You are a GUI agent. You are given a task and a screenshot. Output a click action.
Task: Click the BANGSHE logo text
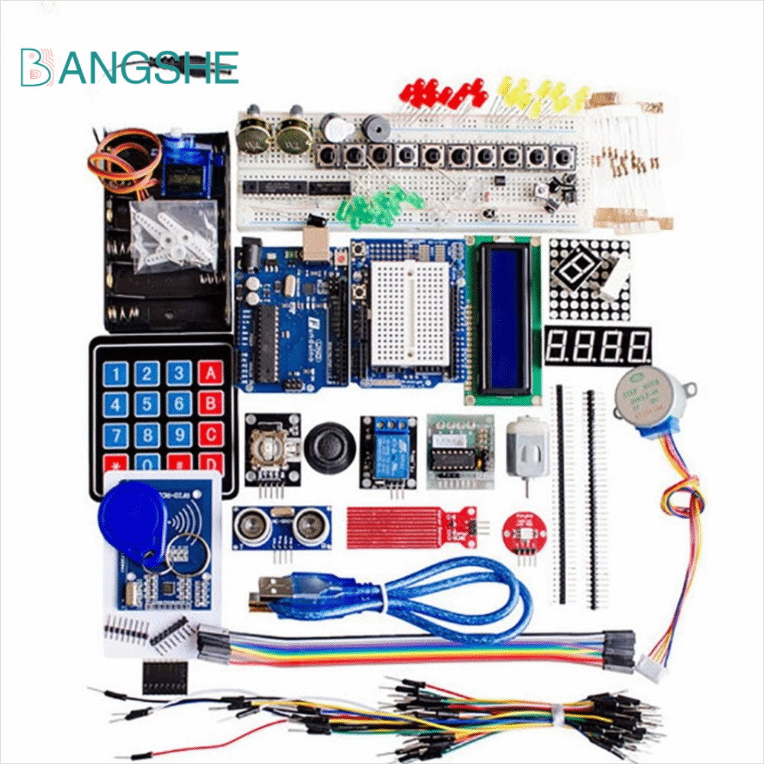(130, 66)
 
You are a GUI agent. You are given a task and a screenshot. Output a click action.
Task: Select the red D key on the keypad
(210, 462)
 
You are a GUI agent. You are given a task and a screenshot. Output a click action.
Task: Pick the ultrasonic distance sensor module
(282, 526)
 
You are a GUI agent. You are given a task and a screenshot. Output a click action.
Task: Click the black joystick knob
(329, 445)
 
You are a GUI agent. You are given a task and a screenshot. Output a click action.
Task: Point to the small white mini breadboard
(410, 313)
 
